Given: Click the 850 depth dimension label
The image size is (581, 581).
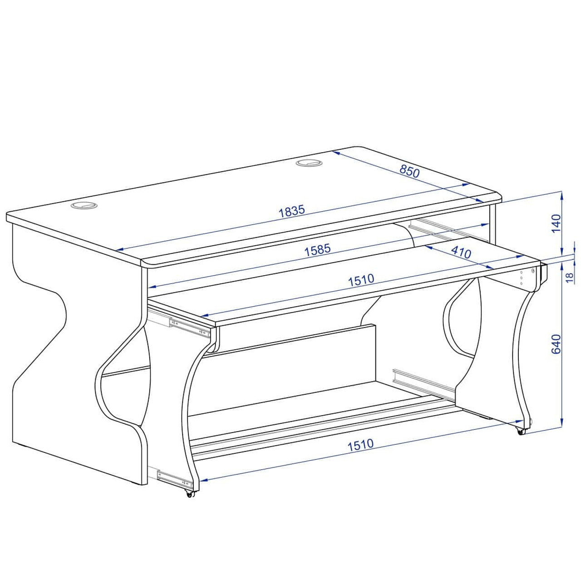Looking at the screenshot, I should (x=409, y=171).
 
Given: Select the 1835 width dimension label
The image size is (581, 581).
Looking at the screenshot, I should (x=291, y=211).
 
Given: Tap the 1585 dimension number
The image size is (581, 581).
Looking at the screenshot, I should (x=317, y=250).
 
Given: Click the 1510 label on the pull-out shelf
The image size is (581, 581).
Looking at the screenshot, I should (x=361, y=279).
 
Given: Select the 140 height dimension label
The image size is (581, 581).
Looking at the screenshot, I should (x=556, y=223).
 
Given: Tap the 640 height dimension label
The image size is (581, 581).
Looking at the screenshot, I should (x=556, y=344).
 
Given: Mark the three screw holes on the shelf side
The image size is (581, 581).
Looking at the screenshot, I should (x=521, y=277).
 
